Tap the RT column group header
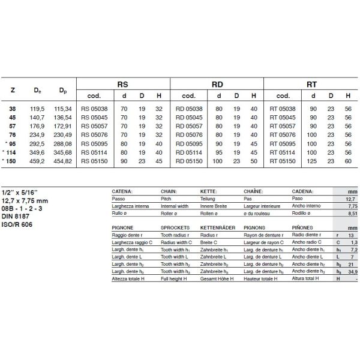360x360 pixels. click(x=311, y=85)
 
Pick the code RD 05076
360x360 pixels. click(x=188, y=135)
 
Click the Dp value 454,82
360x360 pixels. click(x=63, y=161)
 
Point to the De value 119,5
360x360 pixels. click(x=38, y=109)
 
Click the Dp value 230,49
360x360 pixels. click(x=63, y=135)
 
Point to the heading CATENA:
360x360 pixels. click(x=122, y=191)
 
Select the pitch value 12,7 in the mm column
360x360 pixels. click(x=352, y=198)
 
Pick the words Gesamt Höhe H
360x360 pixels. click(x=217, y=279)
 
